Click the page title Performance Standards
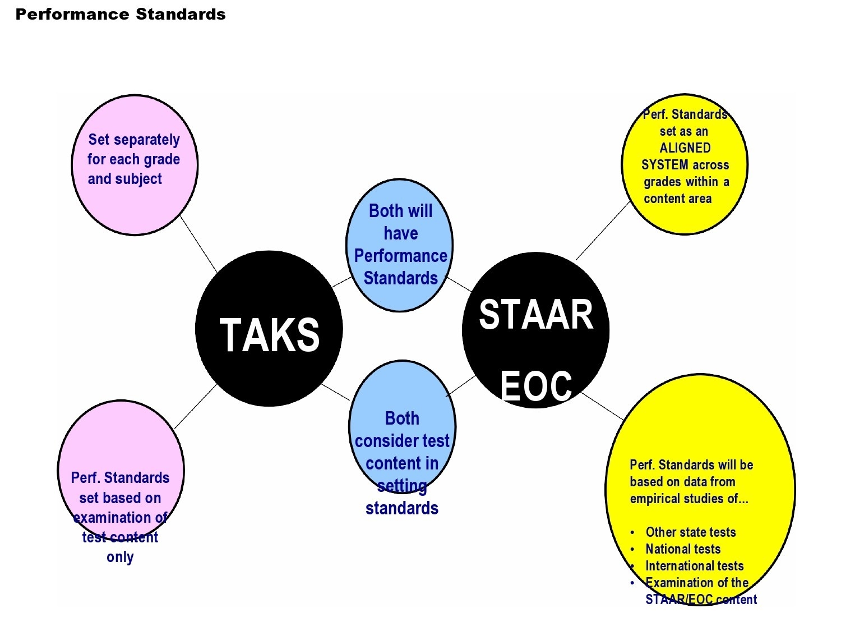(121, 15)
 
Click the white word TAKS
(270, 335)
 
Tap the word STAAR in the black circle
(536, 315)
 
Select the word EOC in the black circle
(536, 386)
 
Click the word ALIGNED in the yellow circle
(685, 148)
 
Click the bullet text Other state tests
(690, 532)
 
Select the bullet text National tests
(683, 549)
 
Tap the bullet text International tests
(694, 566)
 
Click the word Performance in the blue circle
(400, 256)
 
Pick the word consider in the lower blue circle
(385, 441)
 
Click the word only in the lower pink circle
(120, 558)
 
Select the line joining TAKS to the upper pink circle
(198, 244)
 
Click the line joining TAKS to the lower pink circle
(196, 407)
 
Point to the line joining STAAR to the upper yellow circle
(604, 231)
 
